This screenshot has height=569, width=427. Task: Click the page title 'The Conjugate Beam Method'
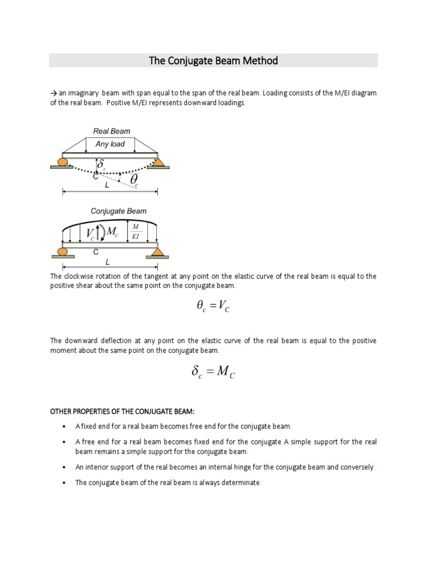pos(213,61)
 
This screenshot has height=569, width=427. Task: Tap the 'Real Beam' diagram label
pos(111,132)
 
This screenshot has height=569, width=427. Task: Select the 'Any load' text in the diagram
pos(110,144)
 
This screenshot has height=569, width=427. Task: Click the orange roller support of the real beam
pos(62,162)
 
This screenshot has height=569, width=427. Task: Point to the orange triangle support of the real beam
pos(158,162)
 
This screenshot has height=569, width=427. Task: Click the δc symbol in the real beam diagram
pos(101,165)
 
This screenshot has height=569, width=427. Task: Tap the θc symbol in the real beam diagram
pos(135,179)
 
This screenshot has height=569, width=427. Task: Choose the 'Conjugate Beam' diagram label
pos(118,211)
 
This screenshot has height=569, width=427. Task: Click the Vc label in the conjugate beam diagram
pos(90,233)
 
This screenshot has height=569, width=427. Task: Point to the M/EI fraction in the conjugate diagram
pos(136,231)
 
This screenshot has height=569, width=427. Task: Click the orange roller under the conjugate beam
pos(63,252)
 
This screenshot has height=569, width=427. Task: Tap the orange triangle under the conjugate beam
pos(157,252)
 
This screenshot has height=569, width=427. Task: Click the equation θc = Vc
pos(213,307)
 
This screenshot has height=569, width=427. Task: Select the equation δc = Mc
pos(213,372)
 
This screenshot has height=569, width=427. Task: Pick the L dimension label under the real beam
pos(107,186)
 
